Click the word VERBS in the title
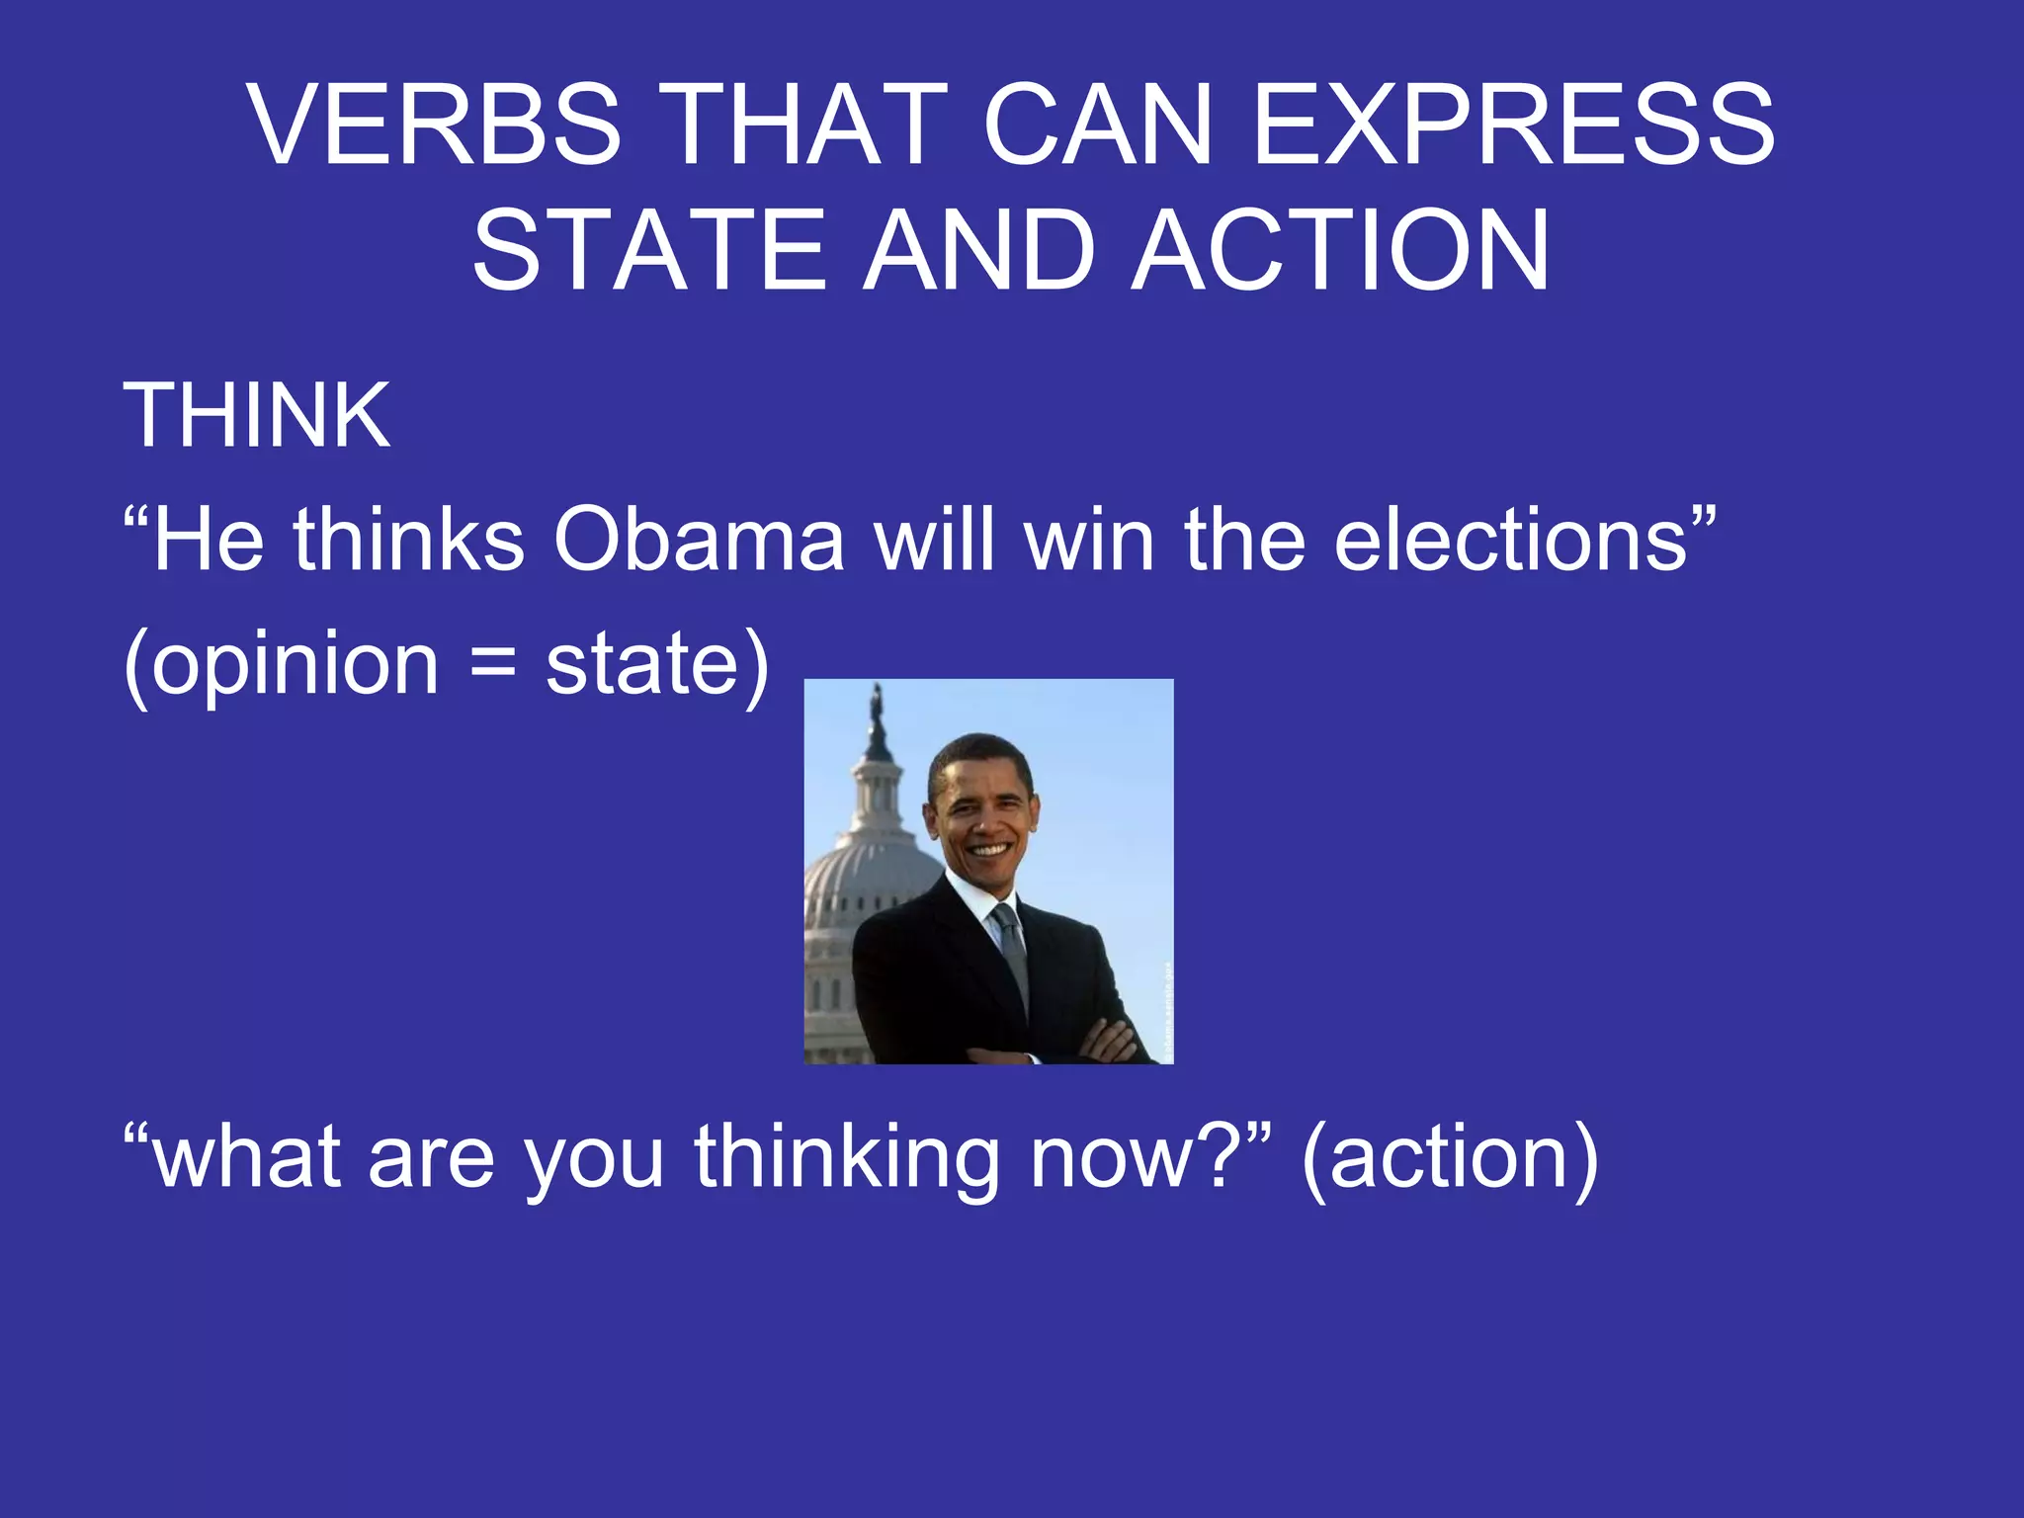coord(435,125)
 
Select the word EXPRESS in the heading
coord(1513,125)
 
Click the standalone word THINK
coord(256,415)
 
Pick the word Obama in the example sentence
coord(699,540)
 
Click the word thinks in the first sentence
coord(408,540)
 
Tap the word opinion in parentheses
coord(295,664)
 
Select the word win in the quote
coord(1089,540)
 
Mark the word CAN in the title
coord(1097,125)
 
